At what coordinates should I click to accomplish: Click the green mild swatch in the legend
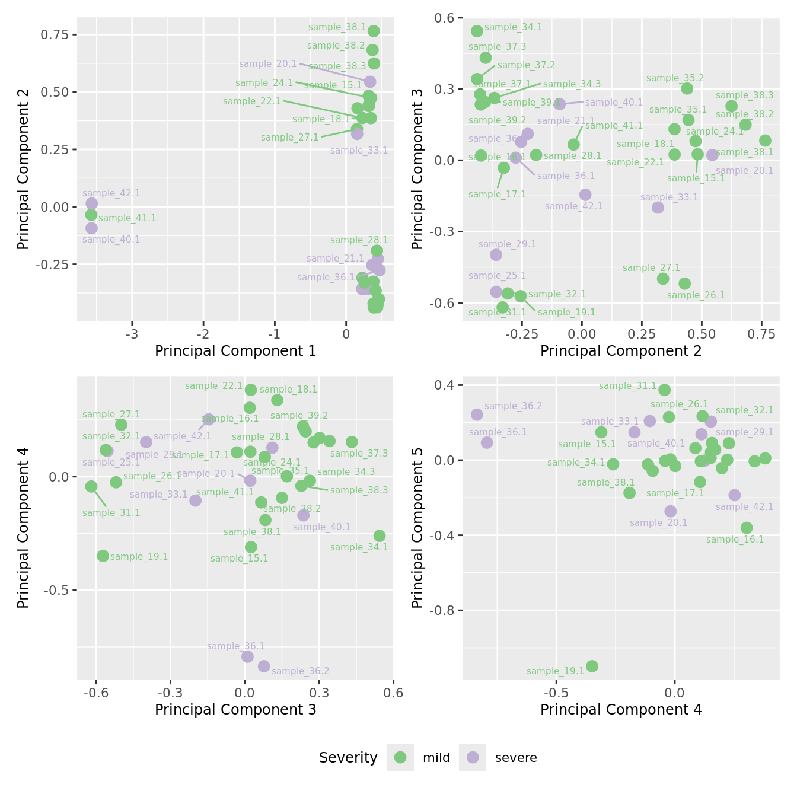[x=400, y=757]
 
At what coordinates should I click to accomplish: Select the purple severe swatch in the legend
[x=473, y=757]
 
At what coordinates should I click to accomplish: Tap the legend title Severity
[x=348, y=758]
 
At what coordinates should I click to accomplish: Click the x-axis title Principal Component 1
[x=235, y=351]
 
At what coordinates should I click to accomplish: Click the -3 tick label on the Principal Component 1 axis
[x=132, y=333]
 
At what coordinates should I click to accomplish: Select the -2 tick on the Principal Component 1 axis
[x=203, y=333]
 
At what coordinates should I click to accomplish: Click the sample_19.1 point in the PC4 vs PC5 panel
[x=592, y=667]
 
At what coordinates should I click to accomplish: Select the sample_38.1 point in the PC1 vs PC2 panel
[x=374, y=31]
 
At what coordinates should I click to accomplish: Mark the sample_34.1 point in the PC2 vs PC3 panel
[x=477, y=31]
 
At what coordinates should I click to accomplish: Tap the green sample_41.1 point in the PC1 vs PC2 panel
[x=91, y=215]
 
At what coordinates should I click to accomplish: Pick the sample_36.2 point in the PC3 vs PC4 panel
[x=264, y=667]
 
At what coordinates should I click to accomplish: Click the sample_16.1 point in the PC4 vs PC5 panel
[x=747, y=528]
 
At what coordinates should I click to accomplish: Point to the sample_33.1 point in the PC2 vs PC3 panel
[x=658, y=208]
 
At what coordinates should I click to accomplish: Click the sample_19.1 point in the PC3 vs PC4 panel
[x=103, y=556]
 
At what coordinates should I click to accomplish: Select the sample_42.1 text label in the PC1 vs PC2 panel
[x=111, y=193]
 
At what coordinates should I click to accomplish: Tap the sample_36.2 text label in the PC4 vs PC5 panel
[x=513, y=406]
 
